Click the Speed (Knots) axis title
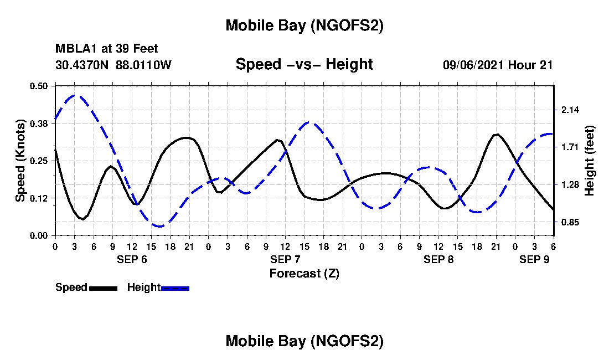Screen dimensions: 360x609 pyautogui.click(x=20, y=161)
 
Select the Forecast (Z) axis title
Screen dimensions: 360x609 pyautogui.click(x=304, y=273)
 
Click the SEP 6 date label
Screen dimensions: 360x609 pyautogui.click(x=132, y=259)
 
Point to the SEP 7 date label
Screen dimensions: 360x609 pyautogui.click(x=285, y=259)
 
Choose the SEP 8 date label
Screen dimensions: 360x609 pyautogui.click(x=438, y=259)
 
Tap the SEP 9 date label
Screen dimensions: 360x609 pyautogui.click(x=534, y=259)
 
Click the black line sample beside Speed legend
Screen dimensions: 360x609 pyautogui.click(x=103, y=288)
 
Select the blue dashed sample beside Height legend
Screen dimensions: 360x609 pyautogui.click(x=176, y=288)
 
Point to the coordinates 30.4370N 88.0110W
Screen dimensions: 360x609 pyautogui.click(x=113, y=65)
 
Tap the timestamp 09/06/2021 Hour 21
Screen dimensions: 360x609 pyautogui.click(x=498, y=65)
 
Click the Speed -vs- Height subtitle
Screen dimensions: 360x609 pyautogui.click(x=304, y=64)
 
